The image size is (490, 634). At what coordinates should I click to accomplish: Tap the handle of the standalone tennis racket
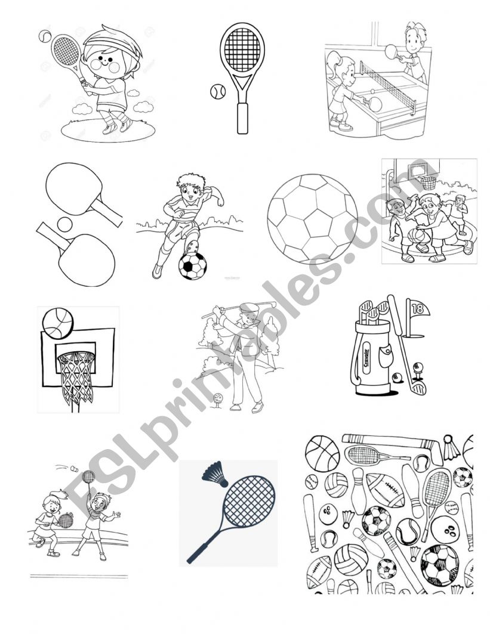pyautogui.click(x=242, y=117)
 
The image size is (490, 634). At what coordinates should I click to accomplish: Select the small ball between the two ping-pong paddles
pyautogui.click(x=64, y=224)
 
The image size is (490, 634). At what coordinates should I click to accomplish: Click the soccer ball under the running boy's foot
pyautogui.click(x=192, y=265)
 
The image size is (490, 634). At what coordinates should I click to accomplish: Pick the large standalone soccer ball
pyautogui.click(x=312, y=218)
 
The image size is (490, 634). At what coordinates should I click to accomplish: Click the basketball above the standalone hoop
pyautogui.click(x=58, y=323)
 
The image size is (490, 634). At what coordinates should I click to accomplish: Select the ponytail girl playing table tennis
pyautogui.click(x=340, y=89)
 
